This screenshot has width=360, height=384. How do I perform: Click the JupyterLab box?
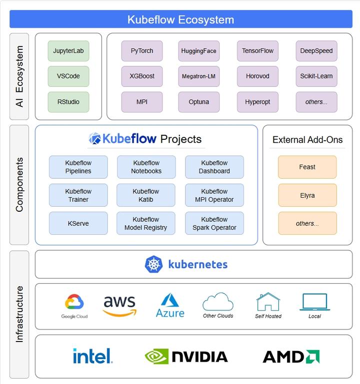click(x=68, y=51)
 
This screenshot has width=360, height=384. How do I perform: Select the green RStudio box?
click(x=68, y=102)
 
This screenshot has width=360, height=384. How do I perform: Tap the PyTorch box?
click(x=142, y=51)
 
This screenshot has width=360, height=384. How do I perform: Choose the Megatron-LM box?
click(x=199, y=76)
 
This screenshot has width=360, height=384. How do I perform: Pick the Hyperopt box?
click(x=257, y=102)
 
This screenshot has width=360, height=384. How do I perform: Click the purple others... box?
click(x=316, y=102)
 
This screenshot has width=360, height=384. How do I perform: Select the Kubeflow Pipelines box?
click(x=78, y=167)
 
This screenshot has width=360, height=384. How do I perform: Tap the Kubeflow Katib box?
click(x=146, y=195)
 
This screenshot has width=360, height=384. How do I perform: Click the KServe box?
click(x=78, y=223)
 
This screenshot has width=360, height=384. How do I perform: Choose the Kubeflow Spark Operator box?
click(x=214, y=223)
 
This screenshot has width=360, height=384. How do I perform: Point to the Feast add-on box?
click(x=307, y=167)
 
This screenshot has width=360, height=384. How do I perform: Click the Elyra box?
click(x=307, y=195)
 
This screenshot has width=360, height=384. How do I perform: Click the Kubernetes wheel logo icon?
click(x=154, y=264)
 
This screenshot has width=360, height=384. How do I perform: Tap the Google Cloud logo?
click(x=74, y=306)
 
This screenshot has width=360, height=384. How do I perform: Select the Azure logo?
click(x=170, y=305)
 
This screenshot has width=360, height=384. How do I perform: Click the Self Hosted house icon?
click(x=268, y=302)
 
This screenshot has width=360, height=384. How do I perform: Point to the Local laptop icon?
click(x=315, y=302)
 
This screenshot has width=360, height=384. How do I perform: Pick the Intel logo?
click(x=93, y=356)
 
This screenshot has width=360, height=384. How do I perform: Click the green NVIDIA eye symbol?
click(x=156, y=357)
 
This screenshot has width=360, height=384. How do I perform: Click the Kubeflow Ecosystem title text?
click(x=180, y=19)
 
